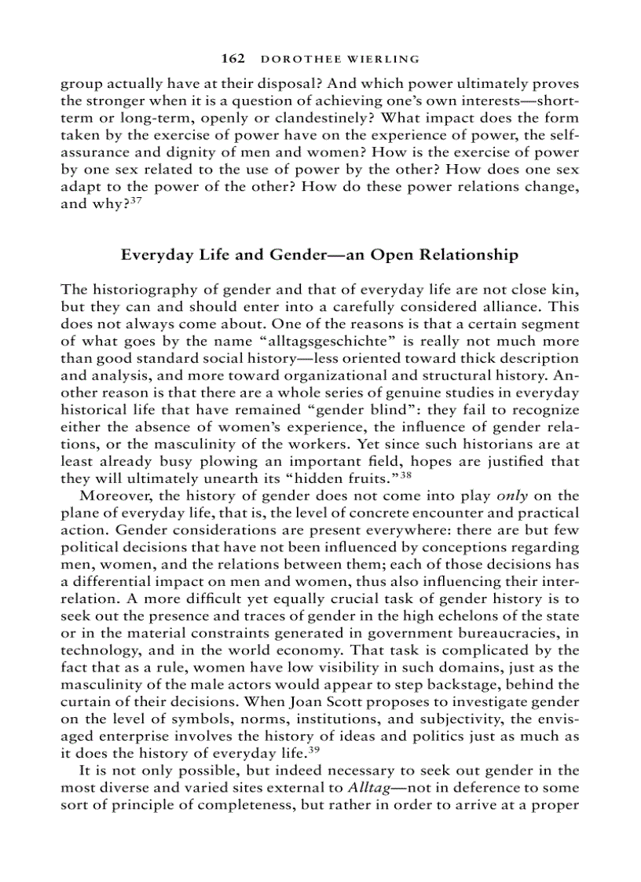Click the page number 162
[234, 59]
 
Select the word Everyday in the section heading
[154, 254]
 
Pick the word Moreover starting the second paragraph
[118, 496]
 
